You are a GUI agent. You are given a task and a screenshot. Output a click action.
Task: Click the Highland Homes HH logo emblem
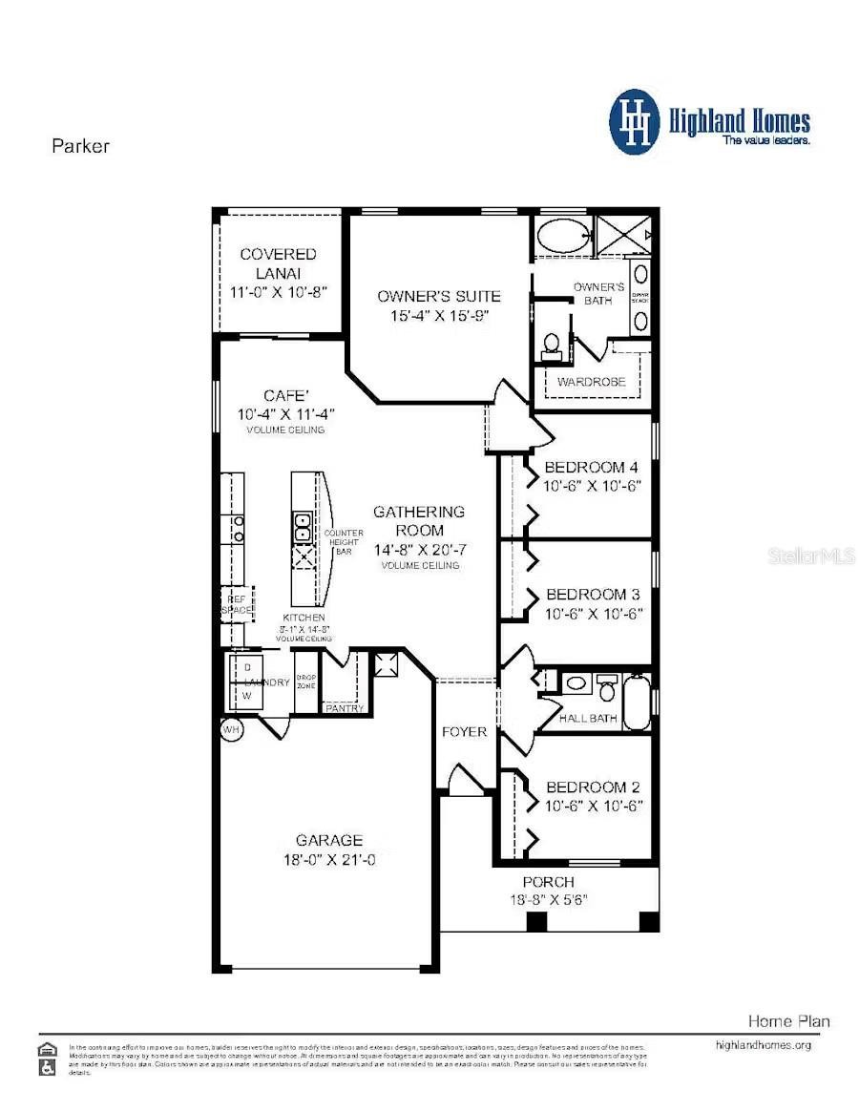635,121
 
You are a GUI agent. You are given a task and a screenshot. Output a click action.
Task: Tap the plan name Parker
80,146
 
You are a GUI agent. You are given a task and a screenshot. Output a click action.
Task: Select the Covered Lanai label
278,263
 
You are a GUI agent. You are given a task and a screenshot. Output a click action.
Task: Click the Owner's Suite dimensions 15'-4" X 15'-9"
438,315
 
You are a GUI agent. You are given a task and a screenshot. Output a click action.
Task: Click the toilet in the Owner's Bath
552,346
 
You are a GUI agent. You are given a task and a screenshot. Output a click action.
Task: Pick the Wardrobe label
592,382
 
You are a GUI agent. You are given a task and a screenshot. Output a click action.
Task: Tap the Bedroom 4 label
591,468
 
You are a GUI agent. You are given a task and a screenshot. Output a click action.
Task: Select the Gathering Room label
419,521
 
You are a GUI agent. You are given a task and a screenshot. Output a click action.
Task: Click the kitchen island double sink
303,523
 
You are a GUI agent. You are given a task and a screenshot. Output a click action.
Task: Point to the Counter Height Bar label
344,542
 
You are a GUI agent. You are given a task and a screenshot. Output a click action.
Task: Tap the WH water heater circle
231,730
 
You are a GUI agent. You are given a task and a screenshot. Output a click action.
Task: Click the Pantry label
345,708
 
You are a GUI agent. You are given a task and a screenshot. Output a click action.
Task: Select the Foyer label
465,732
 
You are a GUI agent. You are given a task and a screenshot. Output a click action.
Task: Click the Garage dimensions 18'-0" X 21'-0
328,859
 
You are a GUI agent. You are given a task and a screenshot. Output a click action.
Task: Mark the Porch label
548,882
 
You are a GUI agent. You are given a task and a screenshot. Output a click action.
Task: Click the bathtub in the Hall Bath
637,703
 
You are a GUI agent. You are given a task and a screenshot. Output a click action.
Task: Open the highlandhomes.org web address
763,1045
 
